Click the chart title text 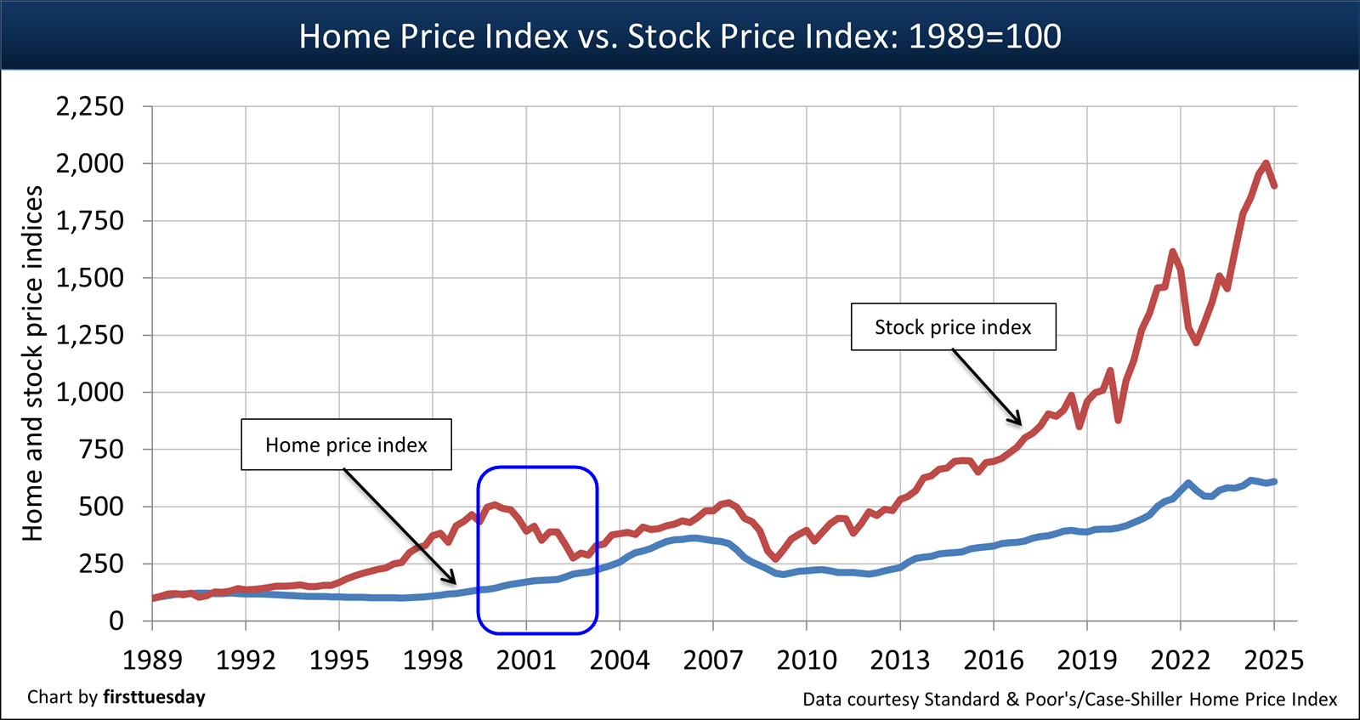(680, 37)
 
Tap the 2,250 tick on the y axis (90, 106)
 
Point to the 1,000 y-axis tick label (90, 392)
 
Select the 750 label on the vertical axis (101, 449)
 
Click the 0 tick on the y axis (116, 621)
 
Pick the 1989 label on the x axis (152, 660)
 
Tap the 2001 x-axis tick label (526, 660)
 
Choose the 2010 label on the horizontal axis (807, 660)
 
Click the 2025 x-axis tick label (1273, 660)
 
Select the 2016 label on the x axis (994, 660)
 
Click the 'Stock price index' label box (953, 327)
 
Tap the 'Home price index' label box (346, 445)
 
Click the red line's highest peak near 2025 (1266, 163)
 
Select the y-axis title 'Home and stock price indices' (32, 363)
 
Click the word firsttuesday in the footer (154, 697)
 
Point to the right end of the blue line (1274, 481)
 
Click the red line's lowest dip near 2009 (775, 558)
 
